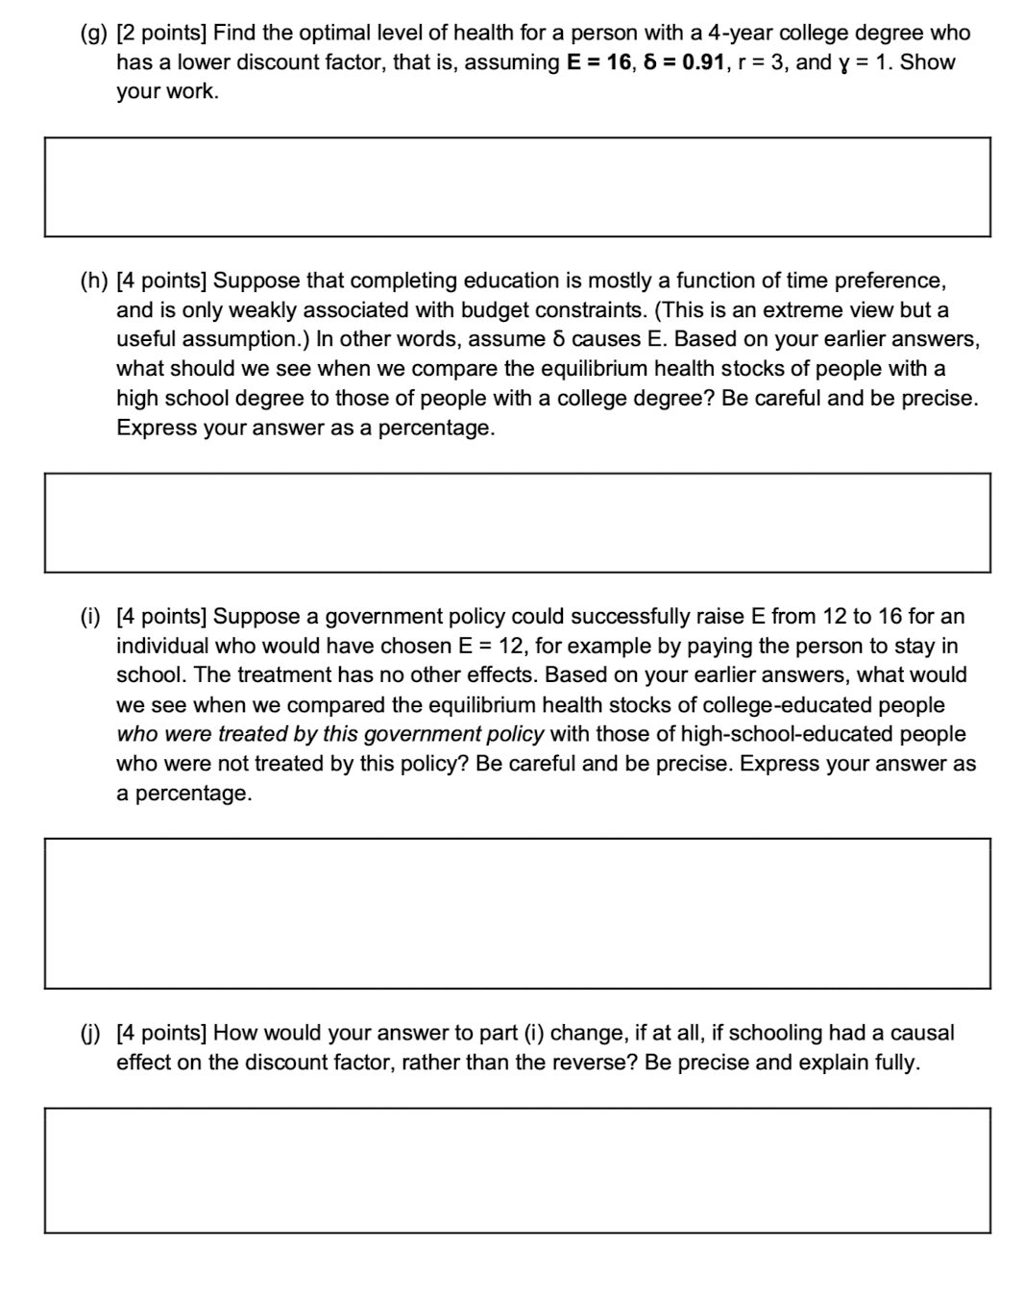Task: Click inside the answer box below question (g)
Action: pyautogui.click(x=517, y=187)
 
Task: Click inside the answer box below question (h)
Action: pyautogui.click(x=517, y=523)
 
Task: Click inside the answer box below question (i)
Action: pyautogui.click(x=517, y=913)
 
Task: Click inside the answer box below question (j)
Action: pyautogui.click(x=517, y=1170)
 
